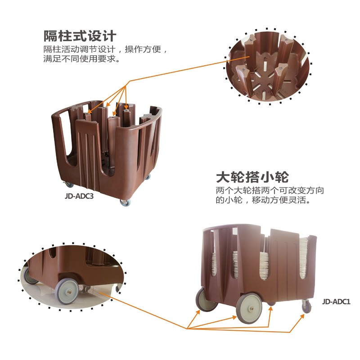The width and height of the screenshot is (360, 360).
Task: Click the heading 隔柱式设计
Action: pyautogui.click(x=80, y=35)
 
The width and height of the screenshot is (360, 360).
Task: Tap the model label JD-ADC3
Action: pyautogui.click(x=79, y=196)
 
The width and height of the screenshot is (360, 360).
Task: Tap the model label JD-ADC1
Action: pyautogui.click(x=336, y=302)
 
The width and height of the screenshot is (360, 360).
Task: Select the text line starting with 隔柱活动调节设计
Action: pyautogui.click(x=105, y=49)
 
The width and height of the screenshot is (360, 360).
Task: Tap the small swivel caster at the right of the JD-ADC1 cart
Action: pyautogui.click(x=306, y=307)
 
